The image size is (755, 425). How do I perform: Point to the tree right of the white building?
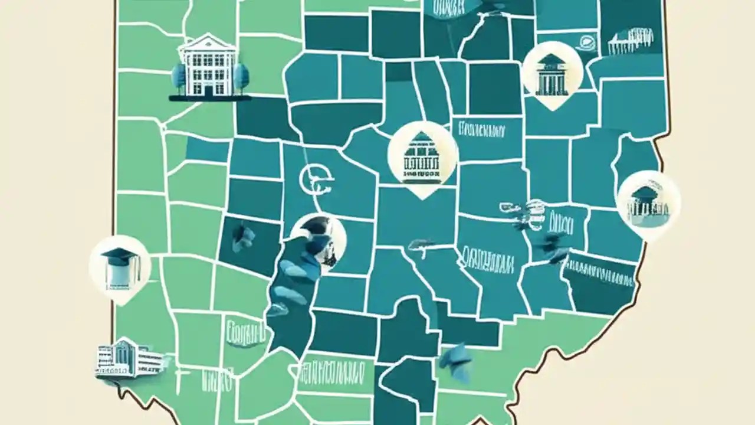[240, 77]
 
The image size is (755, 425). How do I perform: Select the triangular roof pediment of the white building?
[209, 41]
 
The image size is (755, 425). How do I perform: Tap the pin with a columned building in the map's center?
[422, 156]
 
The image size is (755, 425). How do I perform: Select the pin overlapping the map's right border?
[648, 204]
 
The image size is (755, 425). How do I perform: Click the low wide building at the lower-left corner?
[124, 358]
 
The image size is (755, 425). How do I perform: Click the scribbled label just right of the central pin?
[480, 129]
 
